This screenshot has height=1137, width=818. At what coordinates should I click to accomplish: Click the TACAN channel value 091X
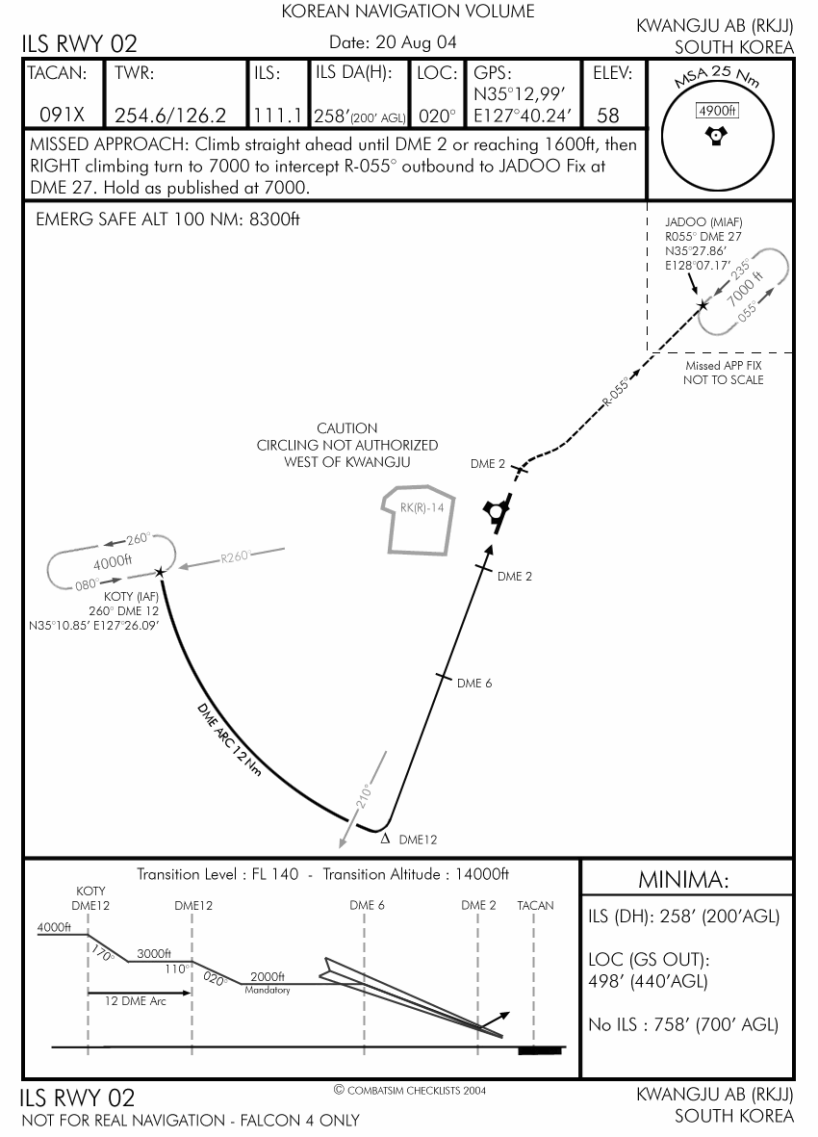click(63, 116)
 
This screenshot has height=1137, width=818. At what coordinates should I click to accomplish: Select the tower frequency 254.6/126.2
click(170, 116)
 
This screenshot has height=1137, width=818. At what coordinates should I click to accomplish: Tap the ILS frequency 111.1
click(279, 116)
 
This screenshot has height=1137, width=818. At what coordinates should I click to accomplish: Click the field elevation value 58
click(607, 116)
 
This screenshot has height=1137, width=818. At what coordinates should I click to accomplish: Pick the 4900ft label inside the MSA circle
click(715, 111)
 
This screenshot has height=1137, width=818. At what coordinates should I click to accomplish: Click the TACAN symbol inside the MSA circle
click(715, 137)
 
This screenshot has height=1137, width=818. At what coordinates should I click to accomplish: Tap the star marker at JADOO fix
click(703, 305)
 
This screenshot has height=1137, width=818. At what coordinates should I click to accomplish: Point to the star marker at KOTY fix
click(160, 572)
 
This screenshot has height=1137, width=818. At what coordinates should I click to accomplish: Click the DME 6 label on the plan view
click(474, 684)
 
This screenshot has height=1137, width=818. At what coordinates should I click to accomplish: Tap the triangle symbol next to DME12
click(385, 838)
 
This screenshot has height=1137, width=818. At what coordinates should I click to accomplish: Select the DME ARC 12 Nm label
click(228, 740)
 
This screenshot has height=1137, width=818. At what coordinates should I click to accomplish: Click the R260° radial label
click(235, 556)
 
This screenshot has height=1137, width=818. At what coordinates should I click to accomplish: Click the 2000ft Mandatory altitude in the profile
click(268, 976)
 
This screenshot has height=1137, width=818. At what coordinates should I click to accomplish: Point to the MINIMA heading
click(683, 880)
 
